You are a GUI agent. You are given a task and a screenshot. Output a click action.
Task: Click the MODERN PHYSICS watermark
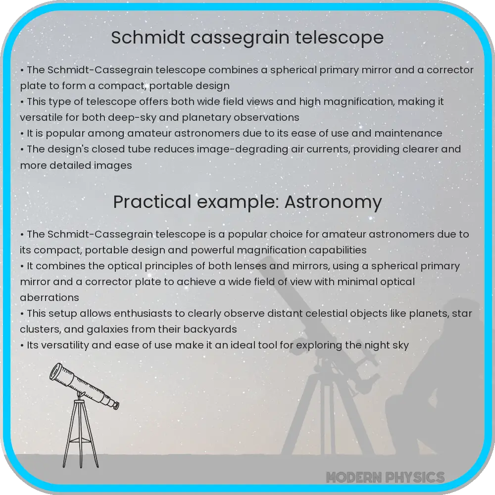[x=385, y=477]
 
